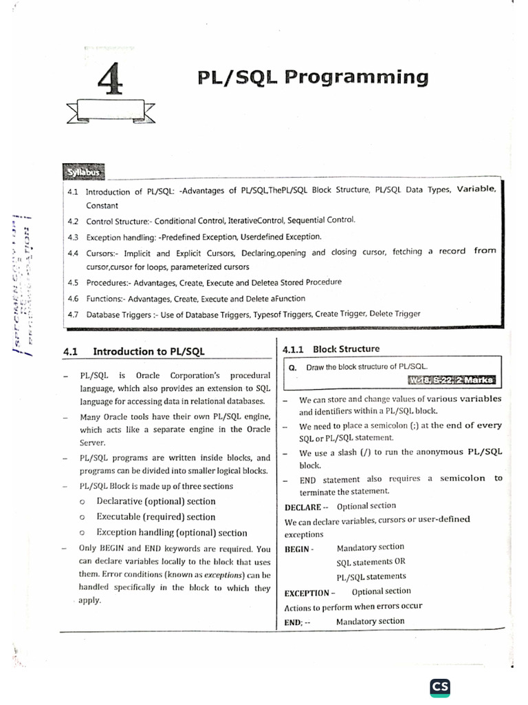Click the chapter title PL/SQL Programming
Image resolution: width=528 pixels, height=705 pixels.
pos(312,76)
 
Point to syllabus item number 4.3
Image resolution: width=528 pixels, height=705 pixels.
pos(74,236)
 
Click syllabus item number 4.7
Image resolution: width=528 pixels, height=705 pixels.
pos(74,314)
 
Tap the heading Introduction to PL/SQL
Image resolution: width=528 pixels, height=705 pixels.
pos(148,351)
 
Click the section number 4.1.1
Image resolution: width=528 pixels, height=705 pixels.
pos(294,349)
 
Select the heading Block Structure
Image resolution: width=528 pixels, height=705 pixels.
pos(346,349)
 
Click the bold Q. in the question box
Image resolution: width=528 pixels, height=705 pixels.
pos(292,368)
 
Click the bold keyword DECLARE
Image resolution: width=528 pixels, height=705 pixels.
pos(302,507)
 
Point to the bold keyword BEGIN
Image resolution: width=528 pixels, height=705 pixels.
pos(298,549)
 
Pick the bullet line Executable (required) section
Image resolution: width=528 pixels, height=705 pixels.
pos(155,517)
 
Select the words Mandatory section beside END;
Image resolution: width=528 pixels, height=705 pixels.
pos(370,621)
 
